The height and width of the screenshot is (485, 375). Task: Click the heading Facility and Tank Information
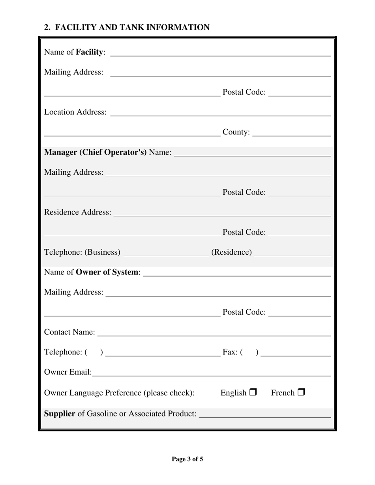(127, 27)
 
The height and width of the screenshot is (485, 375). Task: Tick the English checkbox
(253, 392)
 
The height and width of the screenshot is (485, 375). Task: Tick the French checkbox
(301, 392)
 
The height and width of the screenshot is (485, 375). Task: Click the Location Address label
(75, 112)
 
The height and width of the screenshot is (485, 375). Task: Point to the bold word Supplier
(60, 414)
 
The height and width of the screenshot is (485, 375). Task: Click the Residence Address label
(78, 212)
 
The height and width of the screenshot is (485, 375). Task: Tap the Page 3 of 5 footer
(187, 459)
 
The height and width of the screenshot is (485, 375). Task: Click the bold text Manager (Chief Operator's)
(96, 152)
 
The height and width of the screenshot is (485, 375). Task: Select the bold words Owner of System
(107, 272)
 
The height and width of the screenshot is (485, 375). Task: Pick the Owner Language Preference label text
(119, 393)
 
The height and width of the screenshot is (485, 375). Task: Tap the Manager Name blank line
(252, 153)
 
